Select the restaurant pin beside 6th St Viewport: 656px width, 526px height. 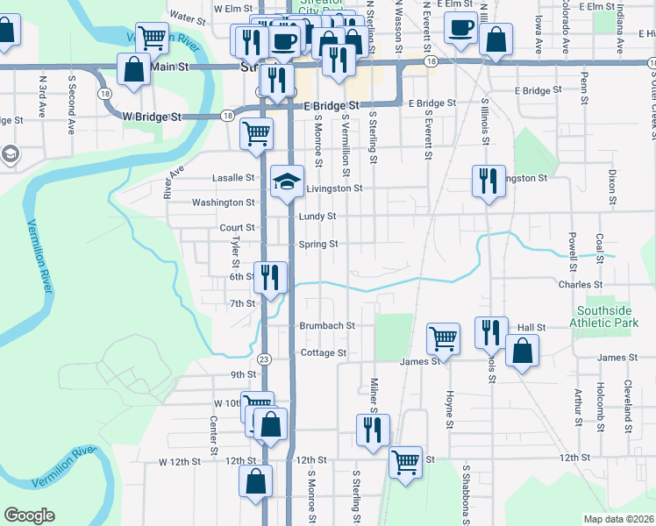point(270,278)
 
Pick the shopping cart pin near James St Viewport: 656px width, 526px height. point(444,337)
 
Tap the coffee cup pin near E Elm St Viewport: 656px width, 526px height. point(460,26)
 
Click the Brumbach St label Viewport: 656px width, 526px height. point(326,324)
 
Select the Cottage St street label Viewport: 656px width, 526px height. point(324,352)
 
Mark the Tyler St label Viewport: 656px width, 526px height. point(235,252)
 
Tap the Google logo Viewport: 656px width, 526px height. point(29,515)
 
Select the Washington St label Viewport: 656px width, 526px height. point(223,203)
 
